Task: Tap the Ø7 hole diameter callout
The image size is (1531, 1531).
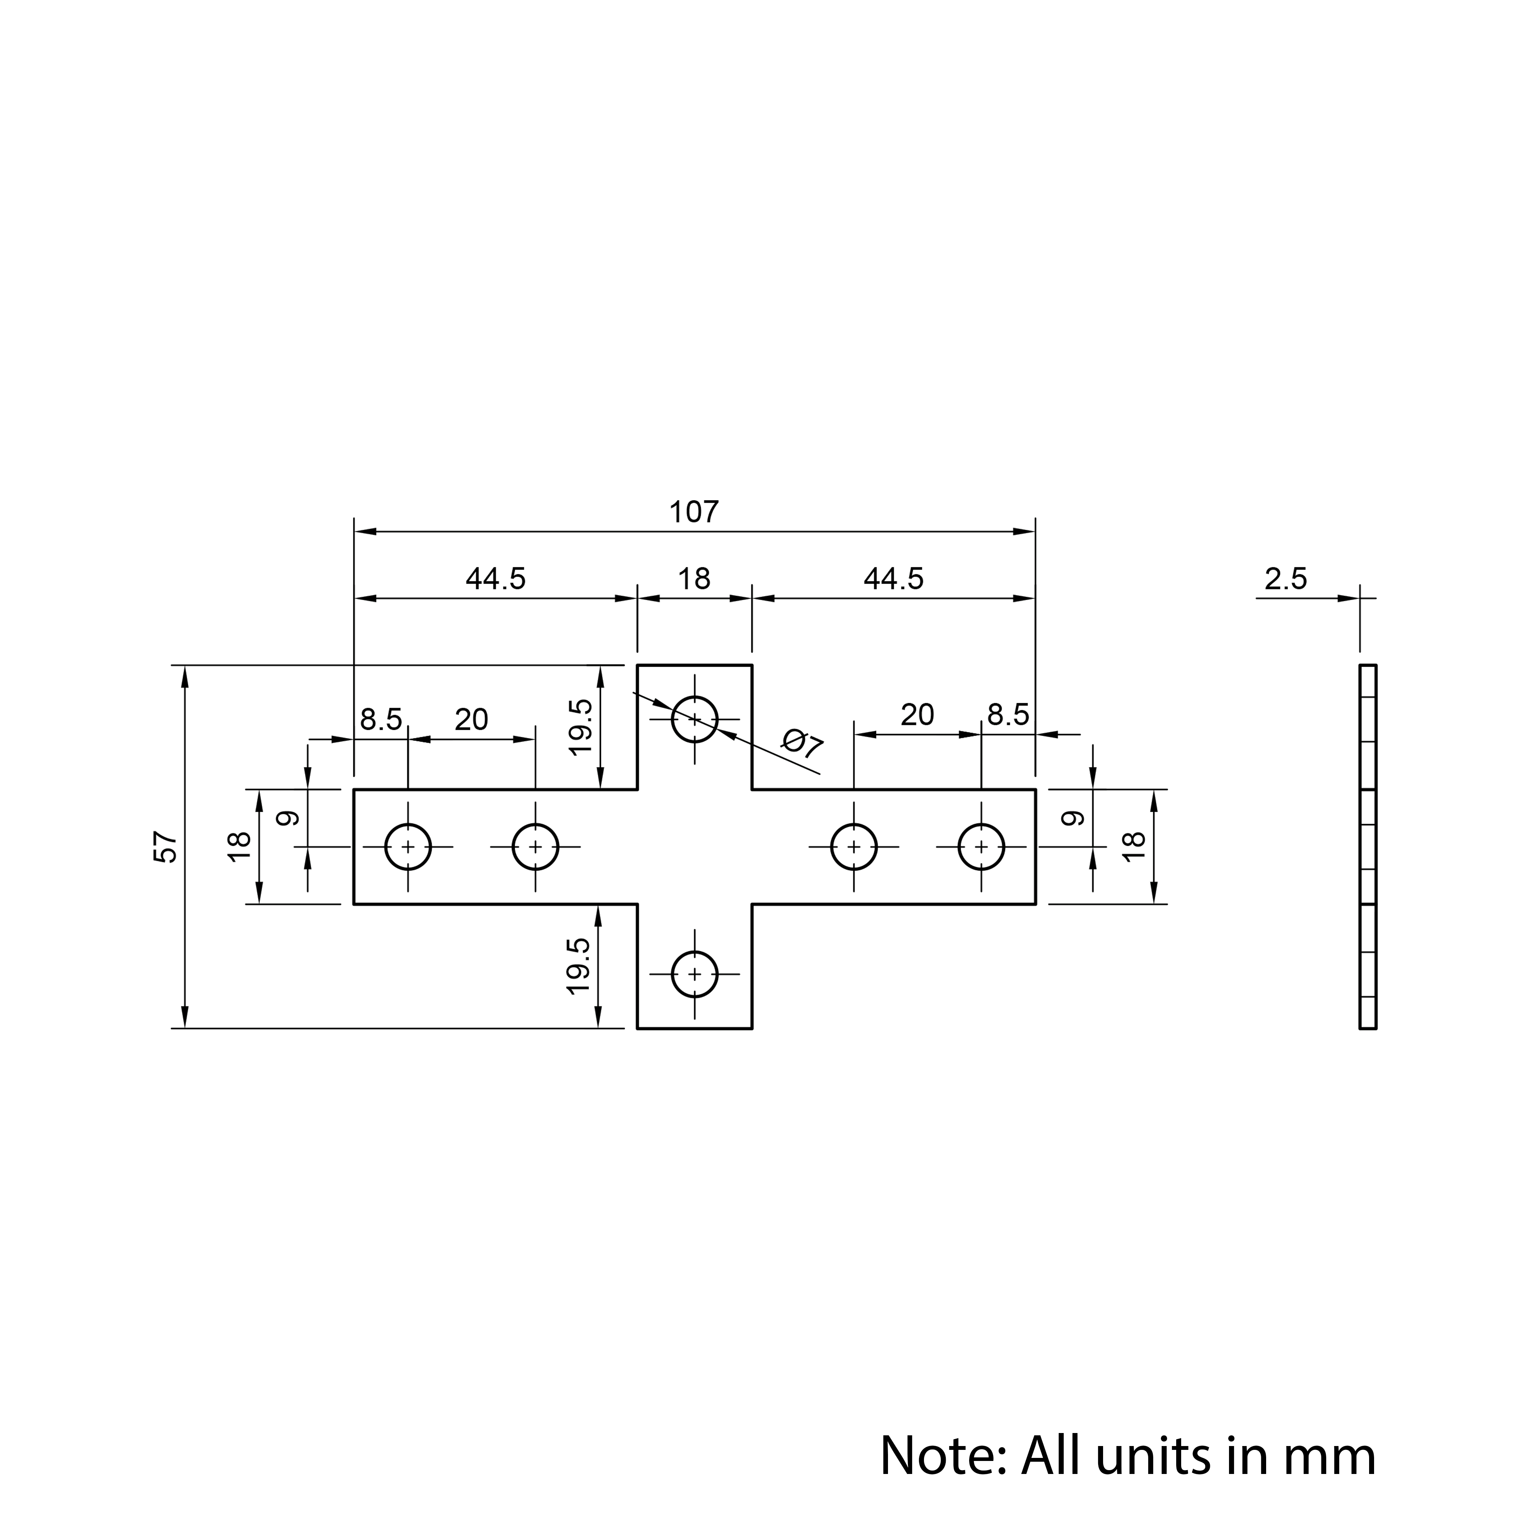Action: coord(802,745)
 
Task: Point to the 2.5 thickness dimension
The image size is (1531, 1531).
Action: coord(1285,579)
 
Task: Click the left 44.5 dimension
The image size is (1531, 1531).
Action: coord(495,579)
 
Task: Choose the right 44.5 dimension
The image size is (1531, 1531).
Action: coord(893,579)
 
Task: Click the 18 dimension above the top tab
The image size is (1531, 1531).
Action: coord(694,579)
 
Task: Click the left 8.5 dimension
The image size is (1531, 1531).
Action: coord(381,720)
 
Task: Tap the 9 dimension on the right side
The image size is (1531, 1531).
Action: coord(1072,818)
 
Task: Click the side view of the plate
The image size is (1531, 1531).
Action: coord(1368,846)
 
